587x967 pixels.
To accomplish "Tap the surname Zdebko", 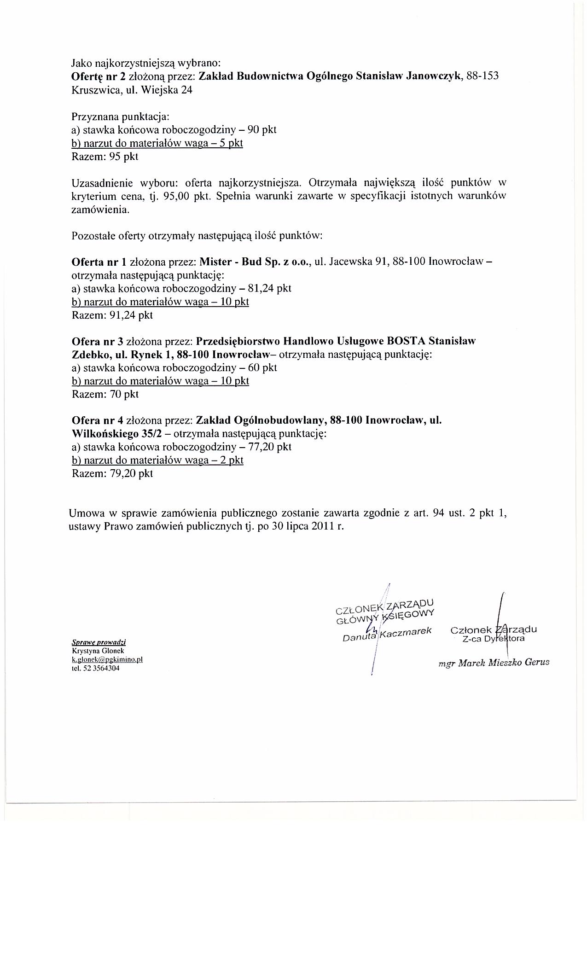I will (x=88, y=355).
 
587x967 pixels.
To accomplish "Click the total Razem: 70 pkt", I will (x=105, y=394).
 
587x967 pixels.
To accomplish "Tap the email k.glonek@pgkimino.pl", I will (x=107, y=659).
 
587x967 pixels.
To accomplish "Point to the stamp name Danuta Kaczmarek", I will (x=387, y=634).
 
